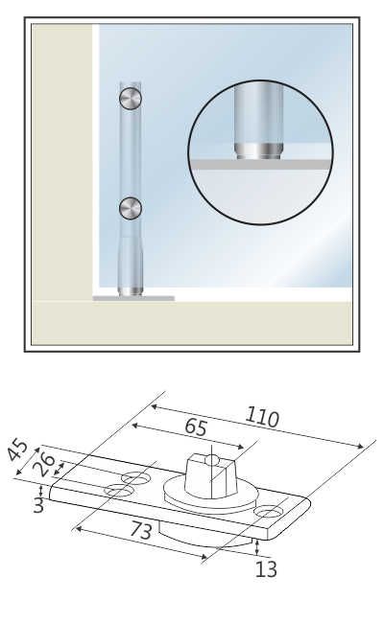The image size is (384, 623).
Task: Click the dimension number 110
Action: pyautogui.click(x=262, y=417)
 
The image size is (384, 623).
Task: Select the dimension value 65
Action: pyautogui.click(x=196, y=427)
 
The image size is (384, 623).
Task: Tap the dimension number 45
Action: pyautogui.click(x=18, y=450)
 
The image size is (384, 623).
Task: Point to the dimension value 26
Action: pyautogui.click(x=44, y=464)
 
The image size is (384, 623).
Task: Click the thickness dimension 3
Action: pyautogui.click(x=38, y=505)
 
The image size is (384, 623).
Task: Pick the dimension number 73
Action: pyautogui.click(x=141, y=530)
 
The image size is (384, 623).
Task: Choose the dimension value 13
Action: pyautogui.click(x=266, y=569)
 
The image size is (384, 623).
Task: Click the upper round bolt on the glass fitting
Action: pyautogui.click(x=131, y=98)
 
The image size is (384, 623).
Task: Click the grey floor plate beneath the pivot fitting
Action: pyautogui.click(x=133, y=298)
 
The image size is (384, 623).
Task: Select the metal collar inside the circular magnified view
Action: pyautogui.click(x=258, y=151)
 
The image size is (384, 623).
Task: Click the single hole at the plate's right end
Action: pyautogui.click(x=267, y=512)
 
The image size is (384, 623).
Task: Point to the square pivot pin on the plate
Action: pyautogui.click(x=211, y=474)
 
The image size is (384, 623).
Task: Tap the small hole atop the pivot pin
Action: pyautogui.click(x=213, y=460)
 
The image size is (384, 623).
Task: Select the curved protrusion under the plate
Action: pyautogui.click(x=206, y=538)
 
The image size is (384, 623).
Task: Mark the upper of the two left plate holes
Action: pyautogui.click(x=134, y=478)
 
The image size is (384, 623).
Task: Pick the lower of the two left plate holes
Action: pyautogui.click(x=118, y=491)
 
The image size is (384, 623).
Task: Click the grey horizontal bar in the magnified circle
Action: pyautogui.click(x=261, y=164)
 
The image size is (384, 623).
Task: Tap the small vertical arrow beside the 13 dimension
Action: pyautogui.click(x=257, y=547)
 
